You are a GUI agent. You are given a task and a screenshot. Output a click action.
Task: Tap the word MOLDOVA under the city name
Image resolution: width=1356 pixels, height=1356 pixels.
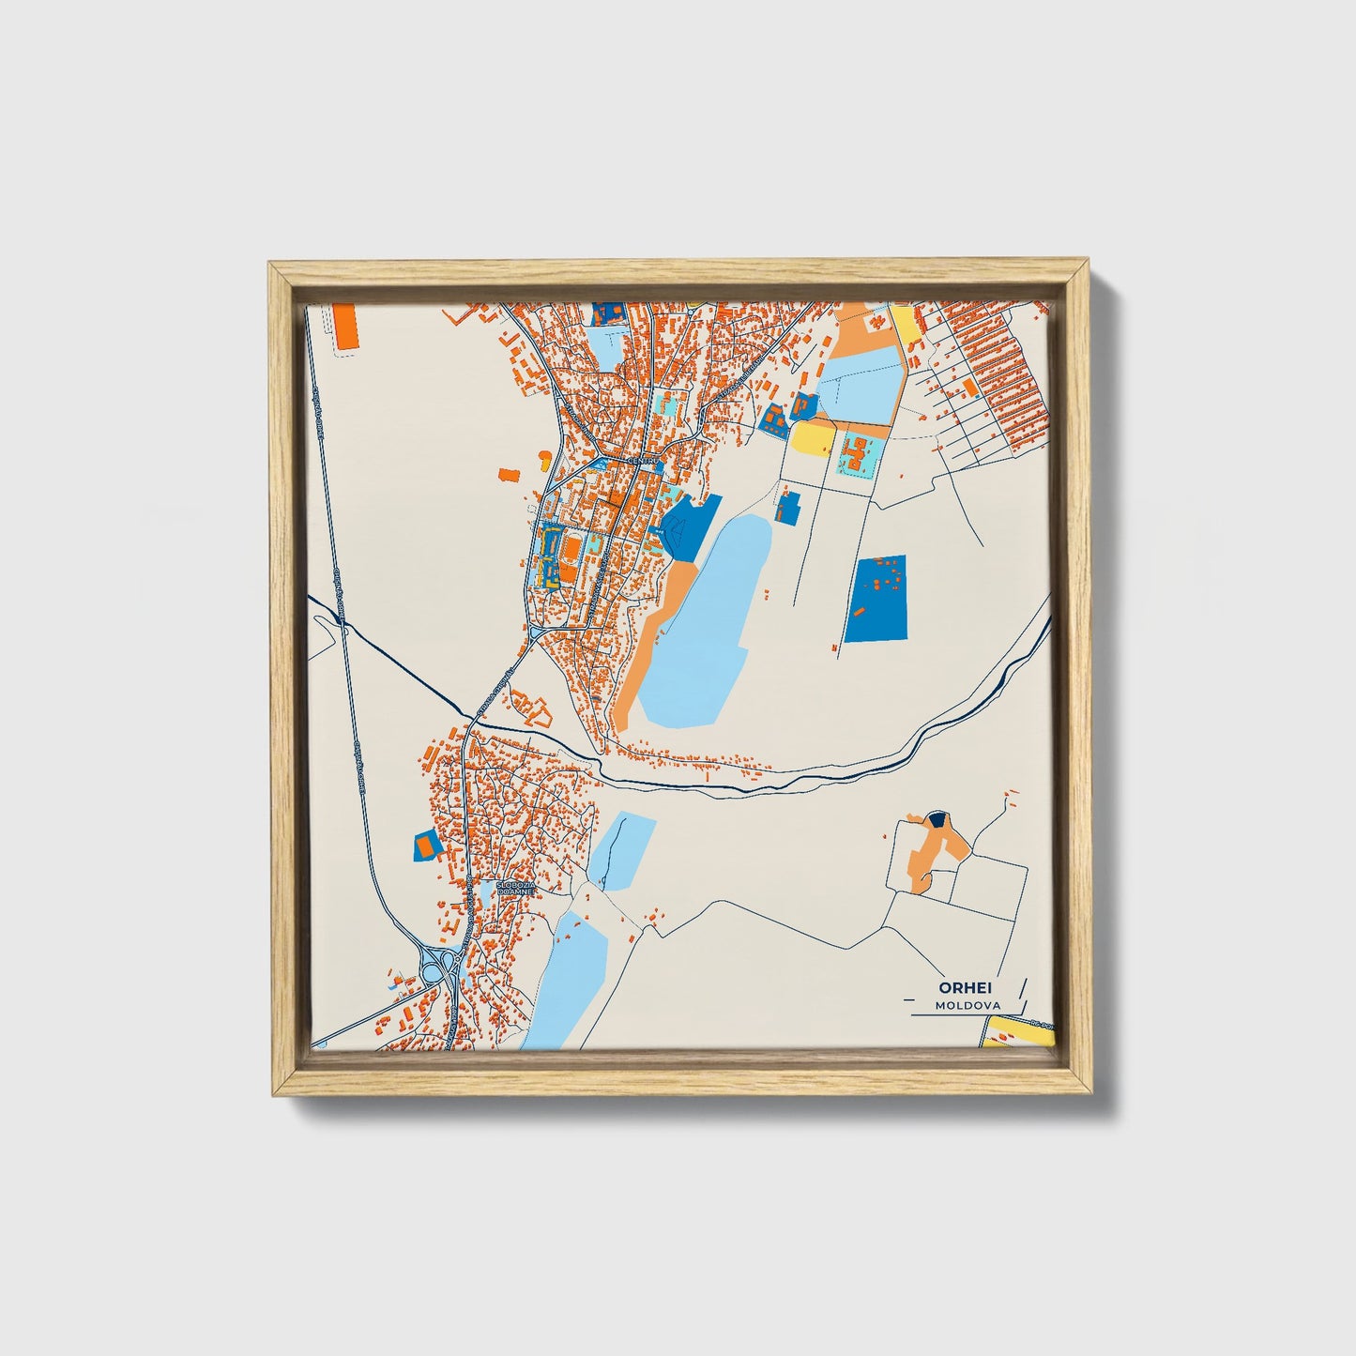pyautogui.click(x=967, y=1005)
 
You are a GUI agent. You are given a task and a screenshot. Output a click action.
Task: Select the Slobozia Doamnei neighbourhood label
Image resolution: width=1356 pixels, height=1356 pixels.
pyautogui.click(x=515, y=887)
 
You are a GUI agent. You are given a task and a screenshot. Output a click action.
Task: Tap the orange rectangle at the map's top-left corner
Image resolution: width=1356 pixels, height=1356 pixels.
pyautogui.click(x=346, y=327)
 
